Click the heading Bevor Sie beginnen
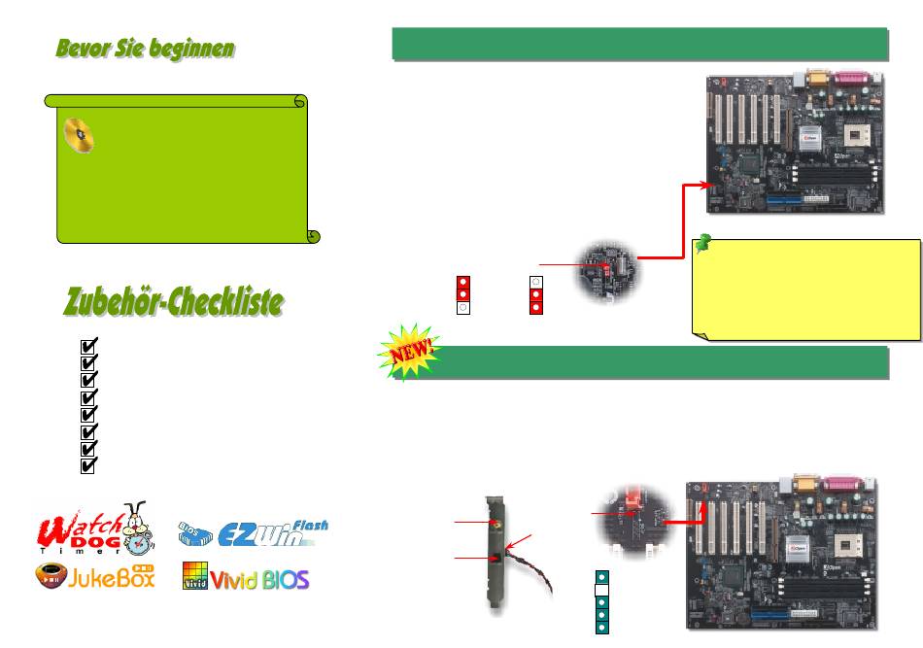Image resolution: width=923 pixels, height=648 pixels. point(144,50)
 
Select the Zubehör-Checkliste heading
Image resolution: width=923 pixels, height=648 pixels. point(174,302)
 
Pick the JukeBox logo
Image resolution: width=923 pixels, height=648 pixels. point(94,580)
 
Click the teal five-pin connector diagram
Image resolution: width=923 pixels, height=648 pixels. point(601,602)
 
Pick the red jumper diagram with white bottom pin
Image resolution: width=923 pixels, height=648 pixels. point(464,293)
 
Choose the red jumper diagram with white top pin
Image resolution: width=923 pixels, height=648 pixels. point(535,293)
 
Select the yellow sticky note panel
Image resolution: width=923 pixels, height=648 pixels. point(807,289)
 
